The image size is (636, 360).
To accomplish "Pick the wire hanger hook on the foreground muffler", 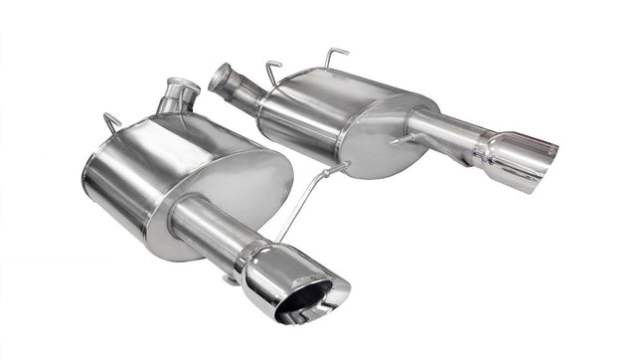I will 112,122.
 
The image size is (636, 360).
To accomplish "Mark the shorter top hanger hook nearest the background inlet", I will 272,71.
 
